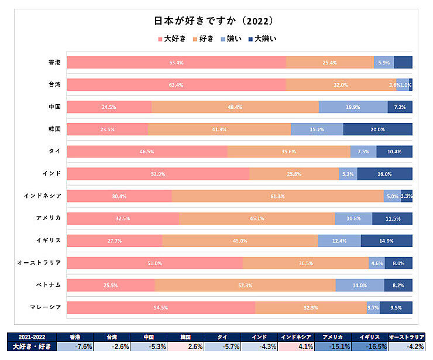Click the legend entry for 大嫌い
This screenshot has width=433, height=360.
point(262,39)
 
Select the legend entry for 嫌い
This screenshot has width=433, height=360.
point(229,39)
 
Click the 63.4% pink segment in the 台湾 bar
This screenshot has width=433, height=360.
point(176,85)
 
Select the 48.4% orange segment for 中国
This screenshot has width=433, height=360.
point(235,107)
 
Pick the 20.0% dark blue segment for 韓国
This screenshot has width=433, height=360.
point(377,129)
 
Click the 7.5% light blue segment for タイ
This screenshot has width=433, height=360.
point(363,152)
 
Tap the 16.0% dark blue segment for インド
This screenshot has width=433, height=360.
point(384,174)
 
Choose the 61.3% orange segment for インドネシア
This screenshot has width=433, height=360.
point(278,196)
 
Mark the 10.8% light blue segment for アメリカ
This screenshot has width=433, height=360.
point(353,218)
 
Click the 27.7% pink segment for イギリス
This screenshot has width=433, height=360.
point(114,241)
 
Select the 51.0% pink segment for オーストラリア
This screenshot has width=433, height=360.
point(154,263)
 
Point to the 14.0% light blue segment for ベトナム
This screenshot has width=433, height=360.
point(359,285)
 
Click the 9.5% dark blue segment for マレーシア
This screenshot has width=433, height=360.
point(396,307)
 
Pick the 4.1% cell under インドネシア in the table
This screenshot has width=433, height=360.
point(297,347)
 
